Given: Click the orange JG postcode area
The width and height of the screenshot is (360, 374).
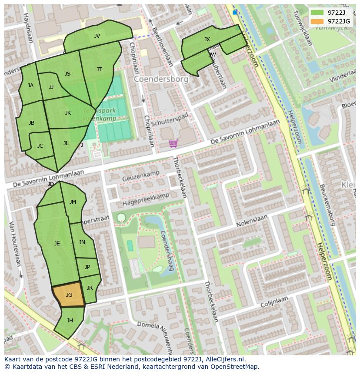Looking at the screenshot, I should (69, 295).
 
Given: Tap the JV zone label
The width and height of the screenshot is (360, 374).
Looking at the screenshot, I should (97, 36).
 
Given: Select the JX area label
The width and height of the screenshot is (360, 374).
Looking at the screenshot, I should (207, 40).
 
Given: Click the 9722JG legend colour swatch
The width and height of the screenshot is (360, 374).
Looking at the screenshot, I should (317, 21).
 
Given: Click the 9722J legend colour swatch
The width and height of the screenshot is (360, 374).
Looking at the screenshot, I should (317, 13).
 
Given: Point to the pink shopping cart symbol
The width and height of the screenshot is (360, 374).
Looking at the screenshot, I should (173, 143).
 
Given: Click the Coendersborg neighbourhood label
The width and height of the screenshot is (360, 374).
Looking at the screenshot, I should (161, 79).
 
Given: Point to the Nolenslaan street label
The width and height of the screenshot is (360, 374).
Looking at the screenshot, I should (252, 221).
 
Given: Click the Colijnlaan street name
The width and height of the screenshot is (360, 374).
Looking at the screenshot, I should (274, 302).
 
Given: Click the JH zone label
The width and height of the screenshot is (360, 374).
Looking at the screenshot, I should (70, 321).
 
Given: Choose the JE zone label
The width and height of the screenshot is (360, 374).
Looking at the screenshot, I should (57, 244).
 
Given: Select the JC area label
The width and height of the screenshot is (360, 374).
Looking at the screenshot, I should (40, 146).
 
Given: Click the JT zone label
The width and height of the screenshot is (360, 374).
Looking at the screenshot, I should (99, 70).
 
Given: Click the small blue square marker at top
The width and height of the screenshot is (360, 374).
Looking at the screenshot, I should (235, 13).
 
